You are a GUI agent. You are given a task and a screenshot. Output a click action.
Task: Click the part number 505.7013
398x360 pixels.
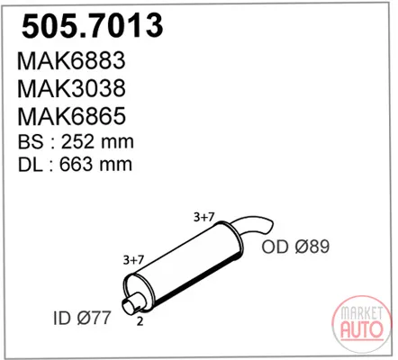tap(93, 26)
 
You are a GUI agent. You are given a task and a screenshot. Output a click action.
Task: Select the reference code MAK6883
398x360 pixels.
tap(71, 60)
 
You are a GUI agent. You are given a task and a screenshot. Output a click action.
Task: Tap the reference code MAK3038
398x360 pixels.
tap(71, 88)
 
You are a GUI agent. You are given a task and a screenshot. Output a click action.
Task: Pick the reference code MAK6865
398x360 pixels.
tap(71, 116)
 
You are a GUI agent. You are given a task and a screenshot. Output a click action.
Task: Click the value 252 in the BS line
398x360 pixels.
tap(77, 141)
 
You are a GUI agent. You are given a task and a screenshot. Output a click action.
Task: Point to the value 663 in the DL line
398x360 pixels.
tap(76, 164)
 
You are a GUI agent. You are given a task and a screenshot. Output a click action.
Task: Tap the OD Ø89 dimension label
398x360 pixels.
tap(295, 247)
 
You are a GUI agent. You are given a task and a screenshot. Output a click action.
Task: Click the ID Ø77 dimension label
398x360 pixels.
tap(82, 318)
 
